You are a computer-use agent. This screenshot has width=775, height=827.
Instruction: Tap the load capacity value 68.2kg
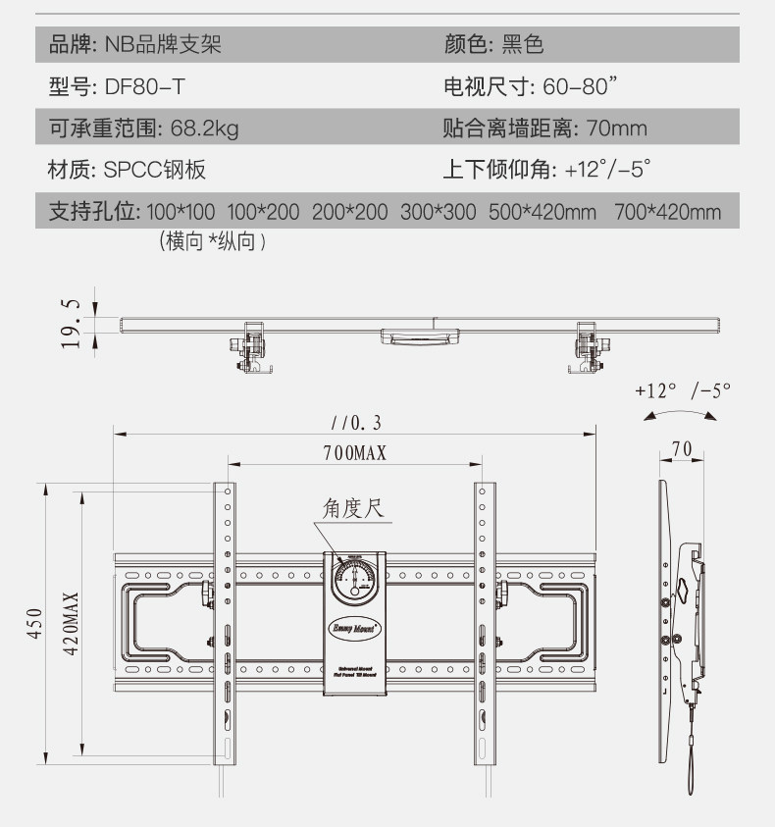tap(204, 129)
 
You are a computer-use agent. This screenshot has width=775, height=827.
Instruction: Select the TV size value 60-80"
tap(582, 86)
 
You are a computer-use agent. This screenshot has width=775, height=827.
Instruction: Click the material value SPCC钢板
tap(155, 170)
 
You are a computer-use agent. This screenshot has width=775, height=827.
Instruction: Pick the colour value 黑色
tap(522, 44)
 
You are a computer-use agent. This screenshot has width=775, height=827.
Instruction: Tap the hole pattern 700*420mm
tap(667, 212)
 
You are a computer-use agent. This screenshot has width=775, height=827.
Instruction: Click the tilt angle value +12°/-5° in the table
tap(608, 170)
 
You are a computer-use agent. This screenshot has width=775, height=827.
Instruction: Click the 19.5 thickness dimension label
tap(70, 318)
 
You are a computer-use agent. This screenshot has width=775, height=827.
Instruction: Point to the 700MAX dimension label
tap(355, 452)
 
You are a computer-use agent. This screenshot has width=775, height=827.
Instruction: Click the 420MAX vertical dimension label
tap(71, 623)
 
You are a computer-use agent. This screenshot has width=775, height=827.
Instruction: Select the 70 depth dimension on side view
tap(682, 449)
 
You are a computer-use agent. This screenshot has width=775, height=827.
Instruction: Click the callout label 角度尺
tap(352, 509)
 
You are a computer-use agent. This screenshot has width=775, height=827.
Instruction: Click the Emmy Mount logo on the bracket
tap(355, 623)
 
